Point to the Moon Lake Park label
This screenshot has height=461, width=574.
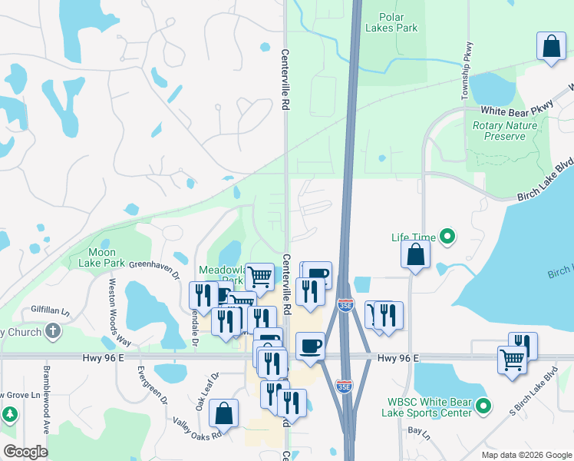point(97,257)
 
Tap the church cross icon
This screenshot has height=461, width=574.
point(52,331)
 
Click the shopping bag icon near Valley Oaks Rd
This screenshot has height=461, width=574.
point(223,413)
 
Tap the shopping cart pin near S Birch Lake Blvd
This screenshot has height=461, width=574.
point(512,359)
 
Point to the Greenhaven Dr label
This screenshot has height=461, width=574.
point(153,270)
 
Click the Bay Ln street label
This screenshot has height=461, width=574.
point(418,433)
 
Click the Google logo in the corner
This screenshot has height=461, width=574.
point(26,451)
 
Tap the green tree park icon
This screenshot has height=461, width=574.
point(10,415)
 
